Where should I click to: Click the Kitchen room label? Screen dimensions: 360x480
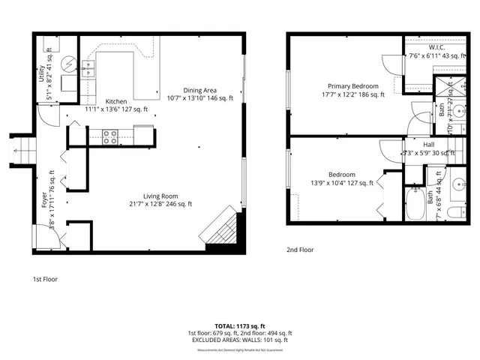[x=115, y=101]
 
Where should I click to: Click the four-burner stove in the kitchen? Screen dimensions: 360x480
[x=109, y=136]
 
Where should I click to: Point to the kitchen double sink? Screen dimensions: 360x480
[x=88, y=69]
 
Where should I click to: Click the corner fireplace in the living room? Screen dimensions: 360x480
[x=223, y=229]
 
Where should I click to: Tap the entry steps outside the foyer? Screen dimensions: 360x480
[x=20, y=149]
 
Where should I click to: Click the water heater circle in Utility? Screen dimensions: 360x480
[x=69, y=64]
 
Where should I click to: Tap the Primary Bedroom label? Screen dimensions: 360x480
[x=350, y=86]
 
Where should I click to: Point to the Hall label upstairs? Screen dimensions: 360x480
[x=429, y=145]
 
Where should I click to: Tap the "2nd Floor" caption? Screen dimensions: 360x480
[x=299, y=250]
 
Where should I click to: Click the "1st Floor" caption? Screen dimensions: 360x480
[x=45, y=279]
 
